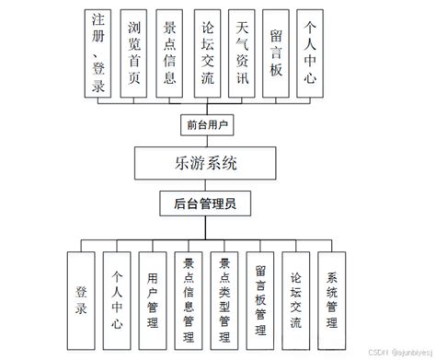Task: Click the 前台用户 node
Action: [205, 122]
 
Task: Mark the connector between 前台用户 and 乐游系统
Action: [205, 142]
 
